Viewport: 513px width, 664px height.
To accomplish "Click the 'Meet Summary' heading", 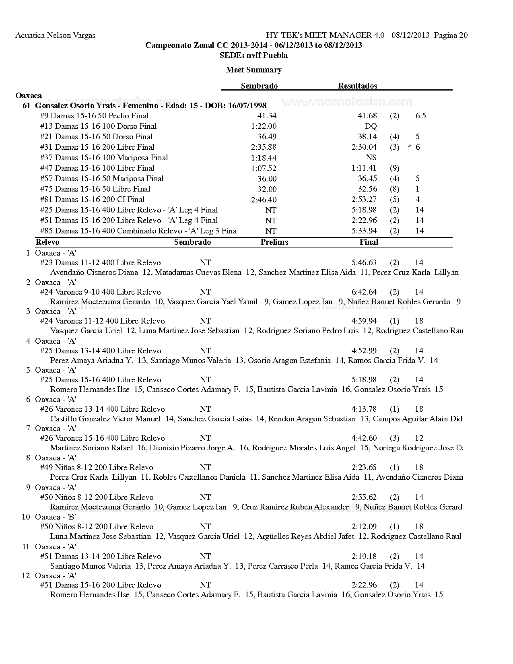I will tap(253, 70).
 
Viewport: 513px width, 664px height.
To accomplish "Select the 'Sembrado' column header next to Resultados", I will tap(259, 86).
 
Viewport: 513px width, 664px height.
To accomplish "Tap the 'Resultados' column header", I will tap(357, 86).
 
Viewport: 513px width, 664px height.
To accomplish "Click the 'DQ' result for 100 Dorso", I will tap(371, 126).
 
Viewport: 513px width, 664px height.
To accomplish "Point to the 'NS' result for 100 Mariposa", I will tap(371, 158).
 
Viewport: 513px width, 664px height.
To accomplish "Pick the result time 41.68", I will tap(367, 116).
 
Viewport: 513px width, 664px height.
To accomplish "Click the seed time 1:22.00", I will tap(264, 126).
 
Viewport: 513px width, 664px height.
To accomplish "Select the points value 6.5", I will tap(420, 116).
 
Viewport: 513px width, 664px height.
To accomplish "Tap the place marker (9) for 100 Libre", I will tap(394, 168).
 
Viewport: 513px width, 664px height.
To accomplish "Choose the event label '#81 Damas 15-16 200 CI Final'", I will tap(92, 200).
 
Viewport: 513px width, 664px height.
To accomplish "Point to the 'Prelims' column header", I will tap(274, 242).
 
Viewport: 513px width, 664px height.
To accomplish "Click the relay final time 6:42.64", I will tap(364, 292).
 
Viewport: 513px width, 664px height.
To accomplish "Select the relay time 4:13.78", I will tap(364, 409).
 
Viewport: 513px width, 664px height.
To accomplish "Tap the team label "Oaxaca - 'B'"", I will tap(56, 517).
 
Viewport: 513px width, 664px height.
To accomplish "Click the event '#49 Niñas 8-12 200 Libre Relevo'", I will tap(97, 468).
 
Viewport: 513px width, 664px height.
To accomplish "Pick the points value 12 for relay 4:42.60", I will tap(419, 438).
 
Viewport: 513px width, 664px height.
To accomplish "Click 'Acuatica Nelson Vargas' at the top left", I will tap(55, 35).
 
